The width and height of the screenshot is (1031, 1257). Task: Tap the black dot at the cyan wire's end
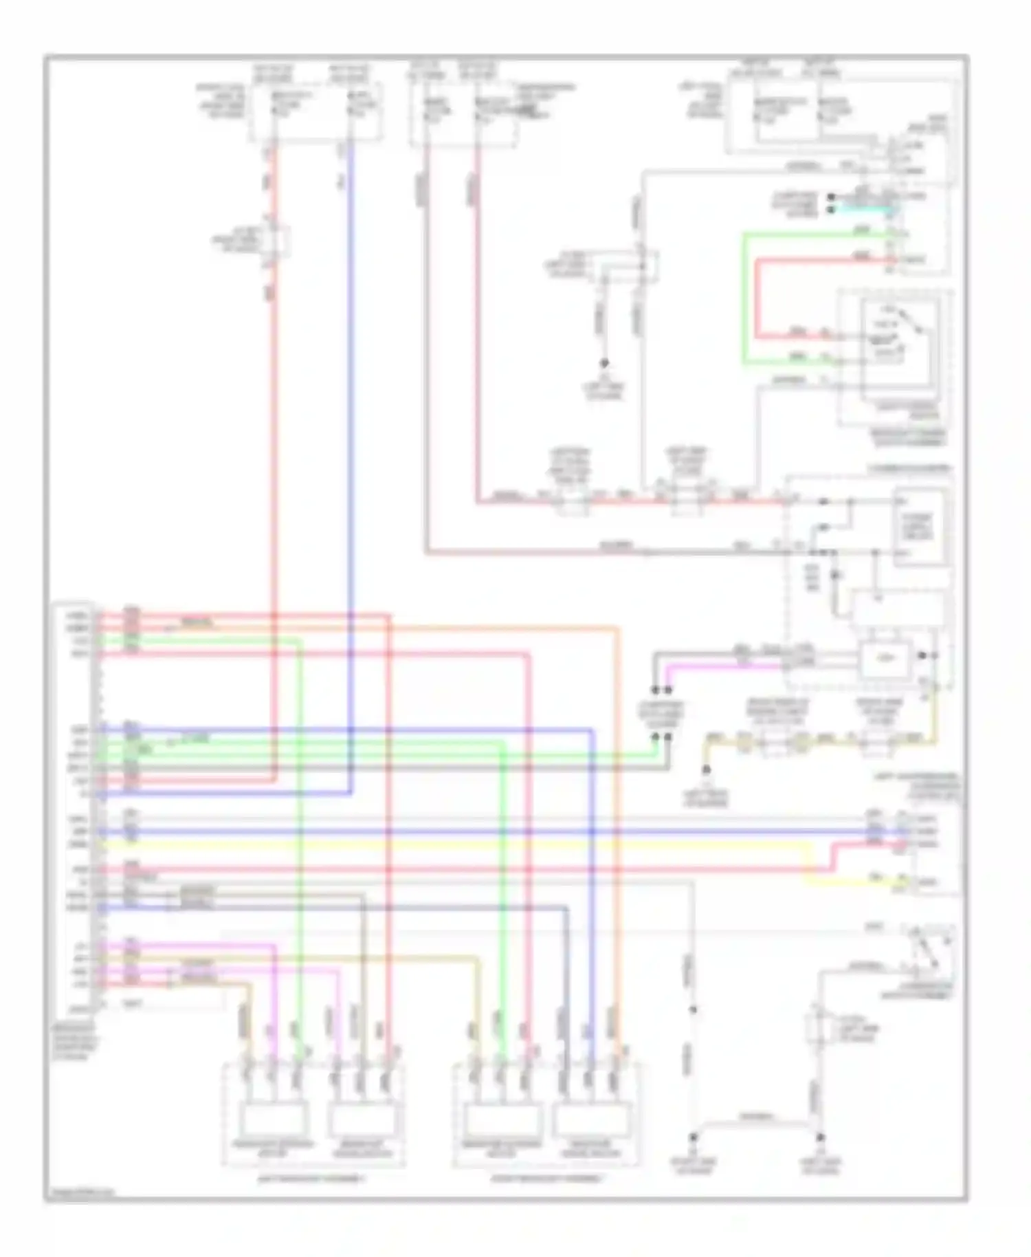click(x=831, y=209)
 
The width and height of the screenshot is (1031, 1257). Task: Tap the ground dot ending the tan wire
click(x=706, y=770)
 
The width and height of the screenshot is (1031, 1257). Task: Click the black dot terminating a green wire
click(x=655, y=736)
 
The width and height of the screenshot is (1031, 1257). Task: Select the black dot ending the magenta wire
click(x=667, y=690)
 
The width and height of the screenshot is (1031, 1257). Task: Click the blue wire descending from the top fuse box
click(x=351, y=413)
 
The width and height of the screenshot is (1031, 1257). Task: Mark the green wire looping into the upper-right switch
click(x=744, y=296)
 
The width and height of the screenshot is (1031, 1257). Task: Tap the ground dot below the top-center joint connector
click(x=605, y=363)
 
